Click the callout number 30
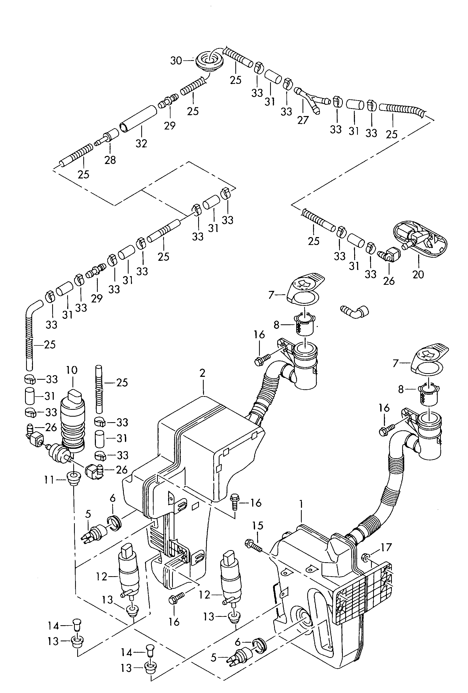click(176, 61)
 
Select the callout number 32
click(142, 143)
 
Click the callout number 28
click(110, 160)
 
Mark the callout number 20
click(418, 274)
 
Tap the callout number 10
click(72, 370)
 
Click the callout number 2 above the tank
click(203, 373)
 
